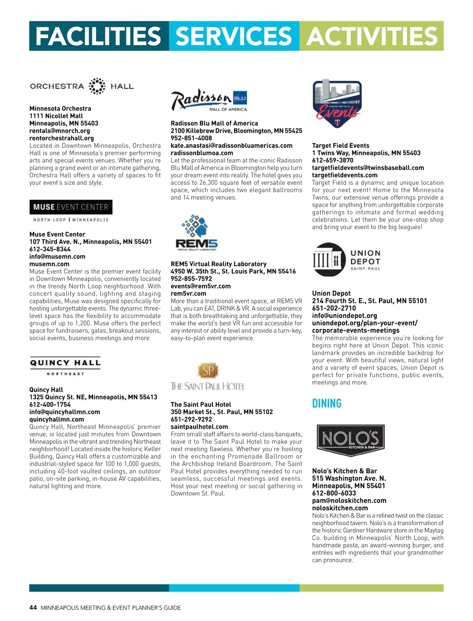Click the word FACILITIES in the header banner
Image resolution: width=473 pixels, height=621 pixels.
[99, 36]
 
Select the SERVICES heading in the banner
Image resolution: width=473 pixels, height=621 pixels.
[234, 36]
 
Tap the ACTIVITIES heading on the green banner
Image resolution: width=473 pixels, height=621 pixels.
[372, 36]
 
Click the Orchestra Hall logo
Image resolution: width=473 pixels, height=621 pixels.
[82, 86]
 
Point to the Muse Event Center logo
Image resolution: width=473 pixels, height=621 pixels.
[71, 211]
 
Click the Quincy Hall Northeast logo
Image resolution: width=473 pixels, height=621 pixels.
[65, 366]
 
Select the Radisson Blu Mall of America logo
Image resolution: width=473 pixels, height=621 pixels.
[209, 100]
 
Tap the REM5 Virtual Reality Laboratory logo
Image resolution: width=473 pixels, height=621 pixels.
[196, 233]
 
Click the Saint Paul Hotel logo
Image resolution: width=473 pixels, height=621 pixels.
[207, 377]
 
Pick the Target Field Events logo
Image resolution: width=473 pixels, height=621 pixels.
[337, 105]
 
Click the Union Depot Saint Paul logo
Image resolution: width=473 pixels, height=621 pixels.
[346, 260]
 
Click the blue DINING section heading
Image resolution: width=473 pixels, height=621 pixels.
[327, 403]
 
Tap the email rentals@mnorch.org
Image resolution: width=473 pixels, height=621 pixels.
[60, 131]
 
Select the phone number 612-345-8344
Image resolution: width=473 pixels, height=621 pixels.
[50, 249]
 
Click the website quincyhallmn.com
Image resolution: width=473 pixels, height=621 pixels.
[56, 419]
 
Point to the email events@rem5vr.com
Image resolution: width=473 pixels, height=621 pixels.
[201, 286]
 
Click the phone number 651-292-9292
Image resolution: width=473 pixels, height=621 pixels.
[191, 419]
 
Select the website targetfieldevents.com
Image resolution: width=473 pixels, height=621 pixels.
[345, 175]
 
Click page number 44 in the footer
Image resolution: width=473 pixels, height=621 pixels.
[33, 608]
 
